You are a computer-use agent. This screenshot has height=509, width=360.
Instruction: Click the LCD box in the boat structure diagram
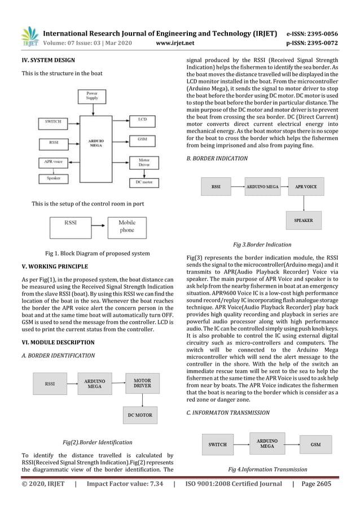pyautogui.click(x=142, y=120)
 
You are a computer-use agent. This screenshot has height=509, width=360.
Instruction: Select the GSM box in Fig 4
pyautogui.click(x=316, y=444)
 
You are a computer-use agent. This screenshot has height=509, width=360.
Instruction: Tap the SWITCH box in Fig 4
pyautogui.click(x=217, y=444)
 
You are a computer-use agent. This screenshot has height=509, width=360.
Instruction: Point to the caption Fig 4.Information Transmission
pyautogui.click(x=267, y=469)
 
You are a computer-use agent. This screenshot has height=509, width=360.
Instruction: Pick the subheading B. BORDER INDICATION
pyautogui.click(x=217, y=159)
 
